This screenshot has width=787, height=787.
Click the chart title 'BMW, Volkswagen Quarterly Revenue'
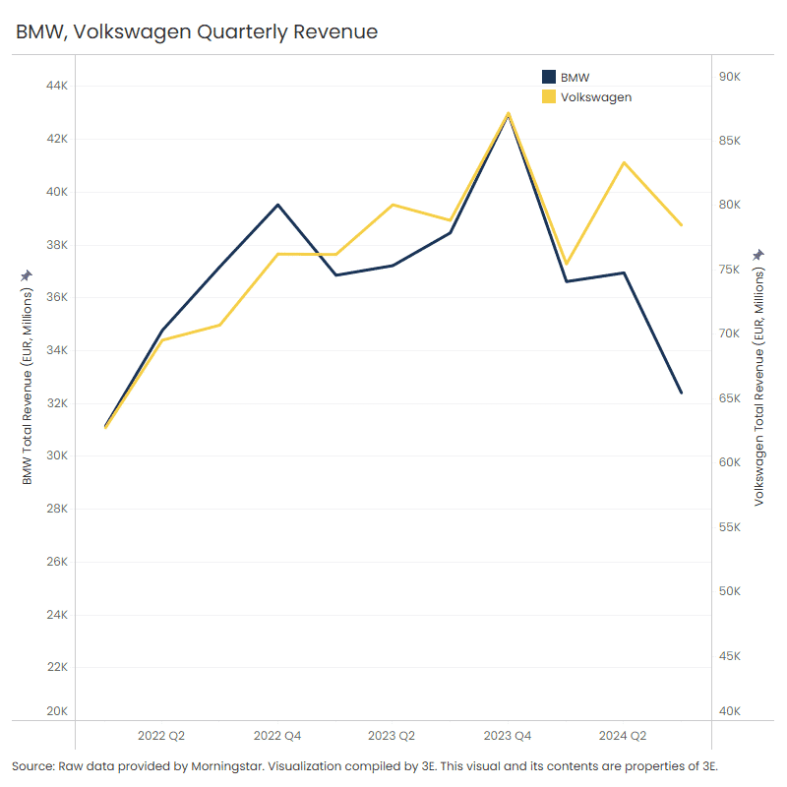[197, 31]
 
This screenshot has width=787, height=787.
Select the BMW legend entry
[575, 77]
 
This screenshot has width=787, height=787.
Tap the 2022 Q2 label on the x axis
[161, 735]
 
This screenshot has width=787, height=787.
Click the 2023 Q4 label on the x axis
[508, 735]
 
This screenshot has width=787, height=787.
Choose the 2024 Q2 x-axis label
[623, 735]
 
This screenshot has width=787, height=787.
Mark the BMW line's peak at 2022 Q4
[277, 205]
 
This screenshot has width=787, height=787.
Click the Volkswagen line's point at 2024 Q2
[624, 162]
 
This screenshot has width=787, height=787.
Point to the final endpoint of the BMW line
[681, 393]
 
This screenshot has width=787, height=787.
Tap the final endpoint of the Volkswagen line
[681, 225]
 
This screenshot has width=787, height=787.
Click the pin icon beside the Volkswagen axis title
[758, 255]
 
